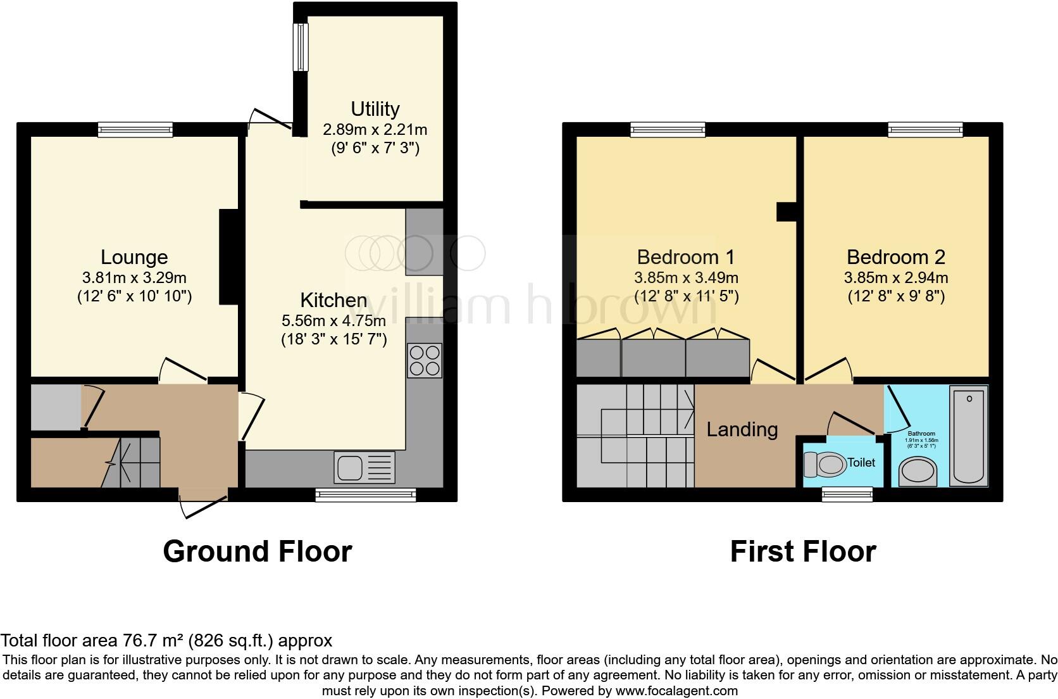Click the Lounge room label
pyautogui.click(x=134, y=257)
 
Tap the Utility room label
pyautogui.click(x=375, y=109)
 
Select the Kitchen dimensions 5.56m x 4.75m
pyautogui.click(x=333, y=320)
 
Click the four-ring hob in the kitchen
pyautogui.click(x=424, y=360)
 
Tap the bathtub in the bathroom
pyautogui.click(x=969, y=436)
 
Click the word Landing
pyautogui.click(x=742, y=429)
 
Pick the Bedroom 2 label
pyautogui.click(x=895, y=257)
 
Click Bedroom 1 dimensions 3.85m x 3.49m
pyautogui.click(x=686, y=277)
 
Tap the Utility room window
pyautogui.click(x=300, y=47)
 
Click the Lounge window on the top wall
pyautogui.click(x=135, y=130)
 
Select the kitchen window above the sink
pyautogui.click(x=366, y=494)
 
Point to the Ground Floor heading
pyautogui.click(x=257, y=551)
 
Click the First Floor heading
pyautogui.click(x=802, y=551)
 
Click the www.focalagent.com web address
pyautogui.click(x=676, y=691)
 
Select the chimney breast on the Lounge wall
pyautogui.click(x=228, y=257)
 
